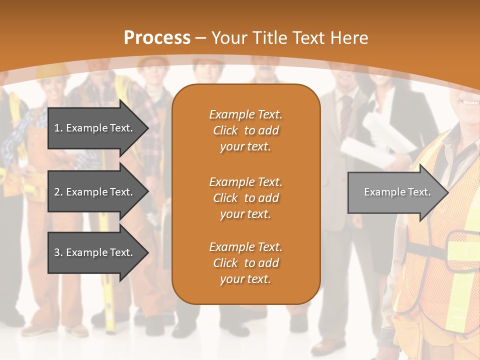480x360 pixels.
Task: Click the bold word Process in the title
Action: [x=157, y=37]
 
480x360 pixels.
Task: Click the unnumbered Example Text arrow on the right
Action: [x=397, y=192]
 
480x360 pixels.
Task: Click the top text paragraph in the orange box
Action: [x=245, y=130]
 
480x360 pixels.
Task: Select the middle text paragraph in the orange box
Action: [x=245, y=198]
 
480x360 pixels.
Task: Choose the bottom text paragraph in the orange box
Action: [x=245, y=263]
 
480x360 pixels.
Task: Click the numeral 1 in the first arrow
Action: [x=57, y=128]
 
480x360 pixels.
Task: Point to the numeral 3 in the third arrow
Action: [x=57, y=252]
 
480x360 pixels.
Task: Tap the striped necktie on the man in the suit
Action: [x=345, y=112]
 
